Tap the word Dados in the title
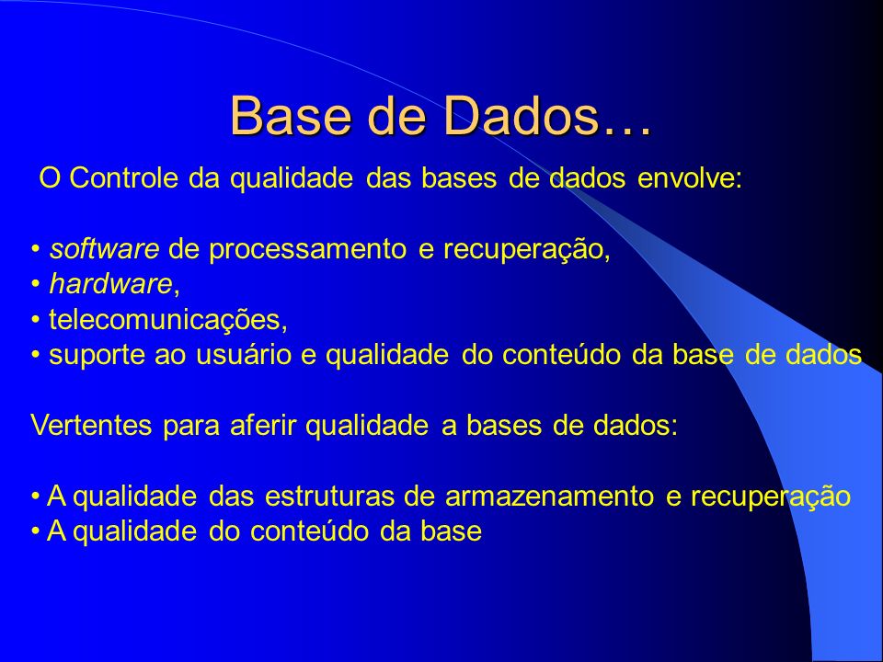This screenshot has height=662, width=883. tap(520, 116)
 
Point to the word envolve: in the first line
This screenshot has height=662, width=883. tap(690, 177)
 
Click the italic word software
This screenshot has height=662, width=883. tap(104, 249)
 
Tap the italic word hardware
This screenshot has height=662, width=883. tap(110, 284)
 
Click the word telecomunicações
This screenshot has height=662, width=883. tap(168, 320)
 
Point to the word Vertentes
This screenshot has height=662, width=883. tap(91, 425)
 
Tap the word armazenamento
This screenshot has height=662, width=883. tap(550, 496)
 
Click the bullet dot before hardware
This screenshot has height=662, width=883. tap(36, 285)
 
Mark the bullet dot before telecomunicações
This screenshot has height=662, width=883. tap(36, 321)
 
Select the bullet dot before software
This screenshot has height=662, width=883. tap(36, 250)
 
